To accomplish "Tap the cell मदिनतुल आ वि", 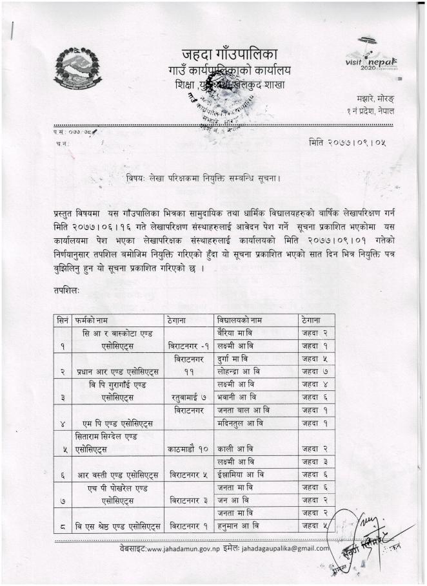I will click(241, 423).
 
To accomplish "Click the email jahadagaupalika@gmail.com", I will click(283, 549).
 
